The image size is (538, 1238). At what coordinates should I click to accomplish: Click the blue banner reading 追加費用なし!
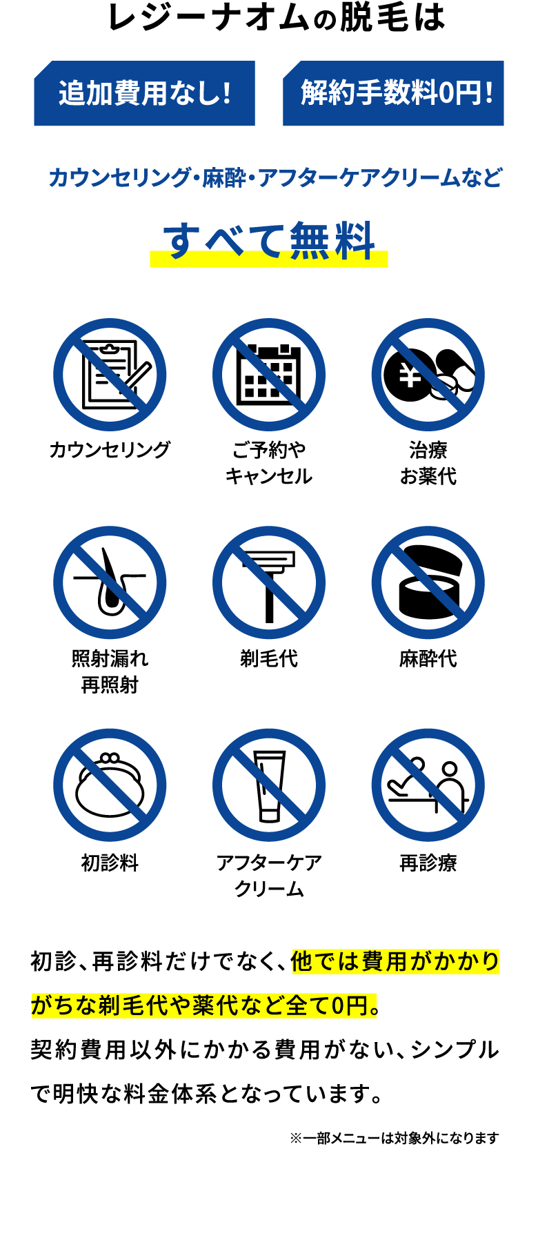tap(145, 93)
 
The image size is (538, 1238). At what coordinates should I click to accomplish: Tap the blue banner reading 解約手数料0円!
tap(393, 93)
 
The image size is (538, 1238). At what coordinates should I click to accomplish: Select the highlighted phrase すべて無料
tap(269, 242)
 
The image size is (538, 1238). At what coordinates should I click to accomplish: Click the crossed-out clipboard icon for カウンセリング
tap(110, 375)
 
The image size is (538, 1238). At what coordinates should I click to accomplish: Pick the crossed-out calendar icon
tap(269, 375)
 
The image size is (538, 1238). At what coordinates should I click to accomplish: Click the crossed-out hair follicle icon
tap(110, 583)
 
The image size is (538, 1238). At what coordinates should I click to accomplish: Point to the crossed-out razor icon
tap(269, 583)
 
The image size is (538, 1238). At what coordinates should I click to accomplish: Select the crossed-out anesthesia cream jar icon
tap(428, 583)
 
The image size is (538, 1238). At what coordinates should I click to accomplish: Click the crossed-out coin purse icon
tap(110, 785)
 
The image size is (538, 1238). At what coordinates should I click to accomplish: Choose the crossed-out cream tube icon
tap(269, 785)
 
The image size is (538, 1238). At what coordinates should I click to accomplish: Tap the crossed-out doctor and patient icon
tap(428, 785)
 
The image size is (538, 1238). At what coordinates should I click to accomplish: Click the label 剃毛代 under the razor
tap(269, 659)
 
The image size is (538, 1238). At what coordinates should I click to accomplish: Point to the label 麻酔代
tap(428, 659)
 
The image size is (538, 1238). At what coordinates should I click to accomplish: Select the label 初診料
tap(110, 863)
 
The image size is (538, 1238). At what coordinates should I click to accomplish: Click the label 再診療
tap(428, 863)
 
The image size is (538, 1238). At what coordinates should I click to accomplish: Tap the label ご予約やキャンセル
tap(269, 463)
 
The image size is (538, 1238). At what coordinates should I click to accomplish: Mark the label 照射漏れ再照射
tap(110, 671)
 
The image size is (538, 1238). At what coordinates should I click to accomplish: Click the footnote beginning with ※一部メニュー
tap(394, 1138)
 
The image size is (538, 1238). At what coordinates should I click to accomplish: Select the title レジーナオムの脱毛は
tap(277, 18)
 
